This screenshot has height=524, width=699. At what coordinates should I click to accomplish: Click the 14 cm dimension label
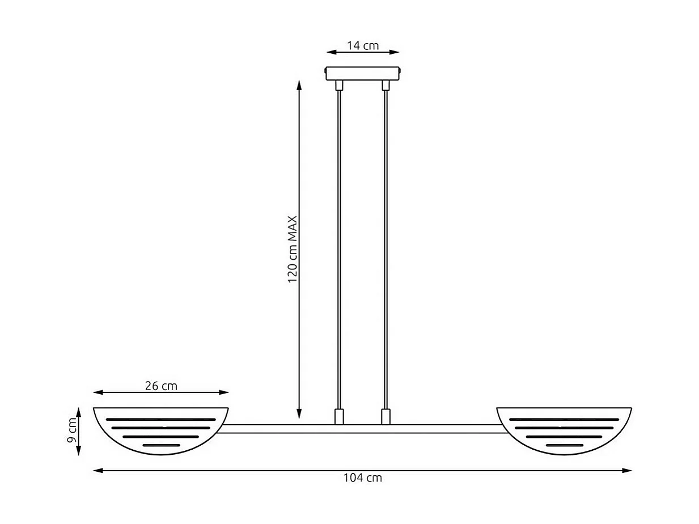pos(363,45)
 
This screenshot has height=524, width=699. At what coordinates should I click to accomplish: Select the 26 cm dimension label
pos(161,386)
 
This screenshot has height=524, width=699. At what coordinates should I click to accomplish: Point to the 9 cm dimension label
pos(72,431)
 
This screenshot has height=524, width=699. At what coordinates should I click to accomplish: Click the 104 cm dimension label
pos(363,478)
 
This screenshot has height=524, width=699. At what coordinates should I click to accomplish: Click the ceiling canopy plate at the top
pos(363,74)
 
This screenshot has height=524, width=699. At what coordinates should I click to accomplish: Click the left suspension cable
pos(339,250)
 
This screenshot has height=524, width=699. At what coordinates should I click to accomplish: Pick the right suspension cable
pos(386,250)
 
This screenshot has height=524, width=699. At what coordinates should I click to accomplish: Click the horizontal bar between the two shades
pos(363,429)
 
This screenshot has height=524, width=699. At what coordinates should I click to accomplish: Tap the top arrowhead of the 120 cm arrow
pos(299,83)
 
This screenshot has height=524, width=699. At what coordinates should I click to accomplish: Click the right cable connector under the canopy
pos(386,86)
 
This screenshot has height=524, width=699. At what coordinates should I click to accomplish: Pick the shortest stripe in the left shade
pos(161,445)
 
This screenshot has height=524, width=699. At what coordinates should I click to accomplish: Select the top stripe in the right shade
pos(564,419)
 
